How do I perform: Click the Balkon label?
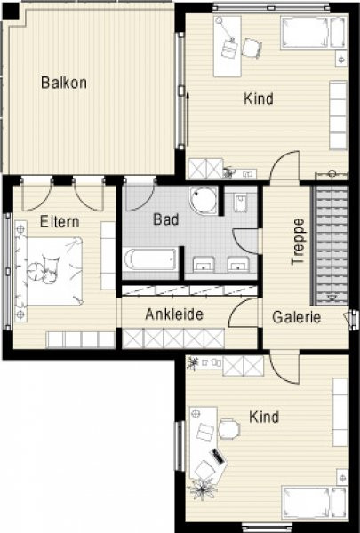coord(64,83)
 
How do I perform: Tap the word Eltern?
coord(60,221)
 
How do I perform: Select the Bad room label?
coord(166,219)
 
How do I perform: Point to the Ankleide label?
coord(174,314)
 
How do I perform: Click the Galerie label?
coord(296,317)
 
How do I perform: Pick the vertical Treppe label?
coord(298,242)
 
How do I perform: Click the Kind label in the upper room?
coord(259,99)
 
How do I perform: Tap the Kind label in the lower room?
coord(264,417)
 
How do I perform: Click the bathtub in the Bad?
coord(150,259)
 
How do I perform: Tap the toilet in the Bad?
coord(241,203)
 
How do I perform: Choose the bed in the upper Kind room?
coord(314,33)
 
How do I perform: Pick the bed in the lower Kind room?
coord(314,503)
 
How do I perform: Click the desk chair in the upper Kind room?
coord(252,48)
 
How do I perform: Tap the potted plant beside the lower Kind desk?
coord(204,489)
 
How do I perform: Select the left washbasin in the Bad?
coord(204,264)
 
